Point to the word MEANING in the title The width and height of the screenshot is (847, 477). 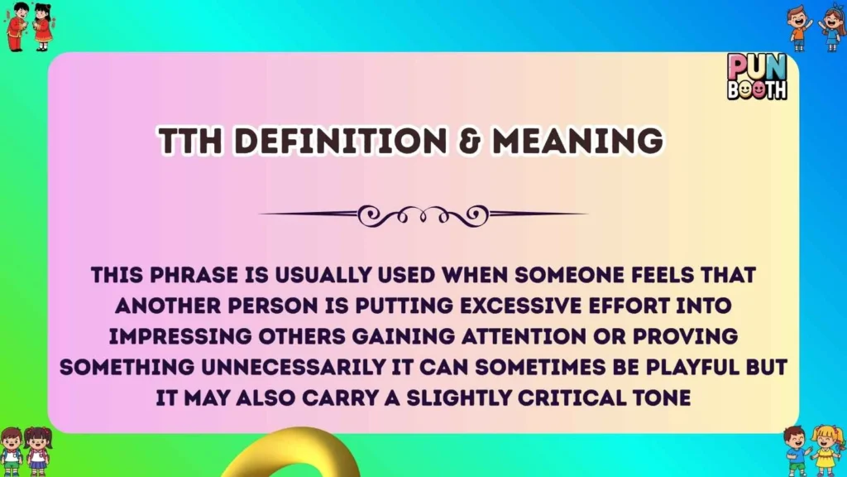(x=577, y=142)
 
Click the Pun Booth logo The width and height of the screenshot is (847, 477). (x=757, y=77)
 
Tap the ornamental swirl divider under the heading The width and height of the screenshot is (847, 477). (x=423, y=214)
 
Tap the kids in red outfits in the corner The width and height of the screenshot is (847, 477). (x=31, y=26)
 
